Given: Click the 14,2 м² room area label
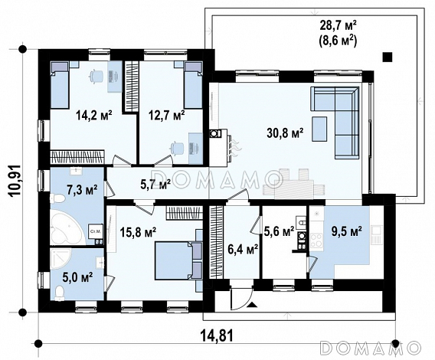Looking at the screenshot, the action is tap(94, 115).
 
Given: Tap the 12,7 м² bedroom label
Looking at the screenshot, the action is tap(166, 115).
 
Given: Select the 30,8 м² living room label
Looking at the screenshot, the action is tap(285, 133).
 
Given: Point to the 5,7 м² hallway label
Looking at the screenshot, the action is tap(155, 185).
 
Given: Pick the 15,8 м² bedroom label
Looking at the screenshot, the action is tap(138, 232).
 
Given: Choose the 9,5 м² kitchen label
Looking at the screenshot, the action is tap(347, 231).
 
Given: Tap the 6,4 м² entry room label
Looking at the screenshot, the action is tap(243, 249).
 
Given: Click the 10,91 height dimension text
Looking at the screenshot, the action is tap(15, 181).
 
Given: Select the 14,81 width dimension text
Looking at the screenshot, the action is tap(217, 335).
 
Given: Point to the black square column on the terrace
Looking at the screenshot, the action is tap(388, 57).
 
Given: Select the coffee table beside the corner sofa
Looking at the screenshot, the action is tap(319, 129).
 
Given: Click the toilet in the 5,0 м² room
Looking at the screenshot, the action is tap(60, 293).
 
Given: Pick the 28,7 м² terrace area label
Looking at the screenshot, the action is tap(339, 26).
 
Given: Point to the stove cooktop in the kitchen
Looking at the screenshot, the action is tap(316, 241).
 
